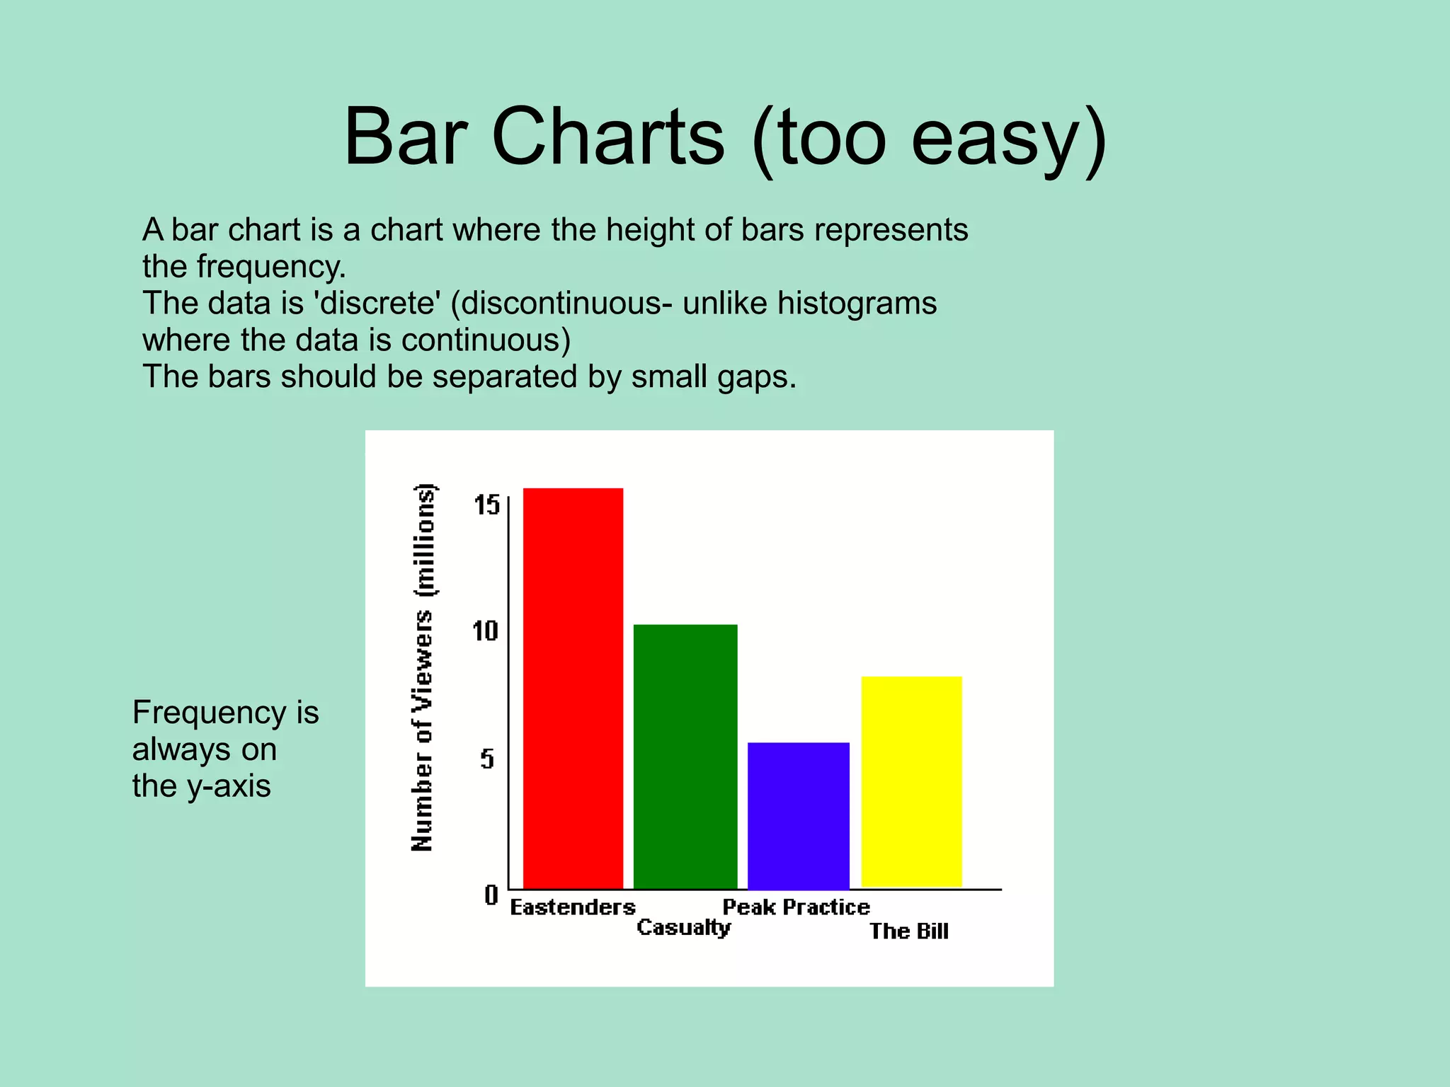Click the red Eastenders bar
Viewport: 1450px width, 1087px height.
coord(573,688)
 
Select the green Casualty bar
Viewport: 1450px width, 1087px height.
coord(685,756)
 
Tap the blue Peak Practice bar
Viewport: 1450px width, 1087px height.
coord(798,815)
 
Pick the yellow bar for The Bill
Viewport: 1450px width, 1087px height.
coord(911,781)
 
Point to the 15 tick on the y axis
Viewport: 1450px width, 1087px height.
coord(486,505)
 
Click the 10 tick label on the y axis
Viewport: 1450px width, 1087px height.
coord(486,631)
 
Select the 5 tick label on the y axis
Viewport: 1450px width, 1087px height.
coord(487,759)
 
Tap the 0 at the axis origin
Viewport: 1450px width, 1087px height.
coord(491,895)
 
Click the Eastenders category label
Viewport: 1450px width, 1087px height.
coord(572,907)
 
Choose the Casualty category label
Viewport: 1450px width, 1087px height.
coord(683,928)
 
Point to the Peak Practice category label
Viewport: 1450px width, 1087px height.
coord(796,907)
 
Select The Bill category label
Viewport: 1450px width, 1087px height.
coord(909,931)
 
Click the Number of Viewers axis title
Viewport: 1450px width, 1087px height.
coord(423,667)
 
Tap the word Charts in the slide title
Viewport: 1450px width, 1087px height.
coord(607,136)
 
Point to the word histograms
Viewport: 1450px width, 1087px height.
coord(857,304)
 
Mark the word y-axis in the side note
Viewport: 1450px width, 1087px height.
coord(229,786)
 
